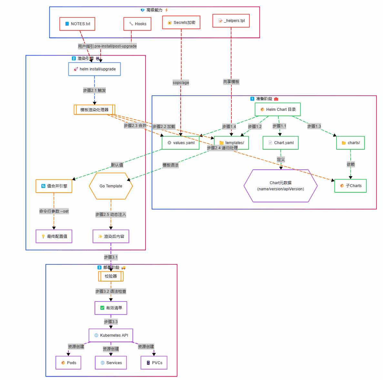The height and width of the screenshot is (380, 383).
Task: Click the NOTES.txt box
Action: click(x=77, y=24)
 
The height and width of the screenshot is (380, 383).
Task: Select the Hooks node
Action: click(x=137, y=24)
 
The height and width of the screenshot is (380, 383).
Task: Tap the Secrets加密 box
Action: click(x=181, y=23)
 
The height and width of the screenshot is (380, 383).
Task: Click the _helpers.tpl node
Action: click(x=231, y=21)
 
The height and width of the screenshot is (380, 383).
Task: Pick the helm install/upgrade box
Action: click(x=95, y=69)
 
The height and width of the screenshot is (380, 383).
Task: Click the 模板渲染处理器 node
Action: click(x=95, y=110)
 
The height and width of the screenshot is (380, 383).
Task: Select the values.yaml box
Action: click(x=180, y=143)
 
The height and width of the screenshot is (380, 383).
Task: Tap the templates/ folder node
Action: click(x=231, y=143)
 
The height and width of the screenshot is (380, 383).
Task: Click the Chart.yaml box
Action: click(x=280, y=143)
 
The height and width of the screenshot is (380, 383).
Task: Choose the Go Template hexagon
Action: click(x=111, y=186)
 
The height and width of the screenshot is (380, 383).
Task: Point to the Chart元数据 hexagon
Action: click(x=280, y=186)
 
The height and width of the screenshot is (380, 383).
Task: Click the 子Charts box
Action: click(x=350, y=186)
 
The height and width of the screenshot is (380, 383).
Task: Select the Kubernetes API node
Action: click(x=111, y=335)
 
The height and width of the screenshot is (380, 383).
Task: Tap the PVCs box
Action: click(x=154, y=363)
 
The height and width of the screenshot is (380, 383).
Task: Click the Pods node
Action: click(x=68, y=363)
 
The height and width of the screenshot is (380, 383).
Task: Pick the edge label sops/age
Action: click(x=181, y=83)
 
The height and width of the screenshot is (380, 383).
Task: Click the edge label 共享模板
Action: click(x=231, y=82)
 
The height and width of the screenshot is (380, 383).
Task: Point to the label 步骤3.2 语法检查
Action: click(x=111, y=291)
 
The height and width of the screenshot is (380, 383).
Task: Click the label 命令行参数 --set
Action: click(x=54, y=211)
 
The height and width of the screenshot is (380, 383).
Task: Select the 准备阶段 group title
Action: click(x=264, y=99)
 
